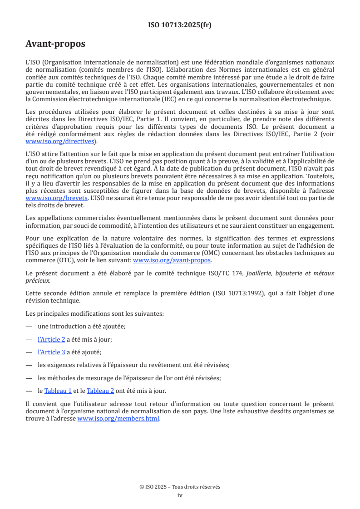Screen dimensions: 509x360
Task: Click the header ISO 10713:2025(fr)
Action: click(x=180, y=25)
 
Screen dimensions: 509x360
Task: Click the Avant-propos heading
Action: click(x=55, y=44)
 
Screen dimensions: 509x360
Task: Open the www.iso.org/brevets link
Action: click(x=50, y=199)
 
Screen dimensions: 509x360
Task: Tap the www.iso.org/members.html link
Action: click(x=118, y=419)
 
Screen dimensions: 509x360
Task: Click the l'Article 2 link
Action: click(x=51, y=339)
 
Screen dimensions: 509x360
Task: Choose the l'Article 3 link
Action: click(x=51, y=352)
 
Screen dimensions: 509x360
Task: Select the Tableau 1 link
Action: click(x=58, y=390)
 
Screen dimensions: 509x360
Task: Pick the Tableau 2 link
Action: click(x=100, y=390)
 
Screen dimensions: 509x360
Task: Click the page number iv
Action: click(x=180, y=495)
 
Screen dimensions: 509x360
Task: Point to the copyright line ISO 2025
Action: click(x=180, y=487)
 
